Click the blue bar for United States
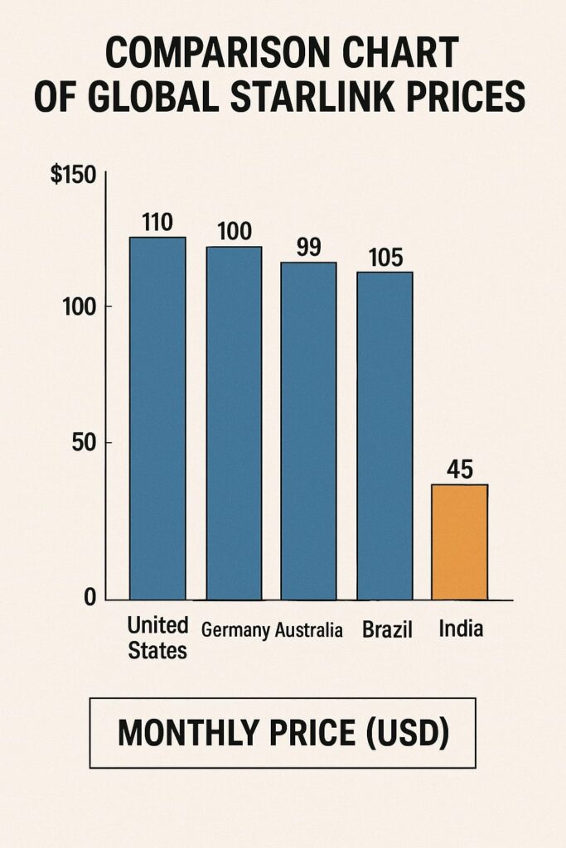[157, 418]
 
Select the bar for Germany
[234, 422]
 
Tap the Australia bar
[308, 431]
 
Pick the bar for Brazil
[385, 435]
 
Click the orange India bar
[460, 542]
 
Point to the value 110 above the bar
[157, 222]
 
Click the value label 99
[307, 247]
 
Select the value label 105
[384, 258]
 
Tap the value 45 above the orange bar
[459, 470]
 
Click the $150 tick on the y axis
[74, 176]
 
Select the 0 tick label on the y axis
[89, 599]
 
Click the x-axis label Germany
[235, 631]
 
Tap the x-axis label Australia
[308, 630]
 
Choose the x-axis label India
[461, 629]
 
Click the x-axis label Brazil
[386, 629]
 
